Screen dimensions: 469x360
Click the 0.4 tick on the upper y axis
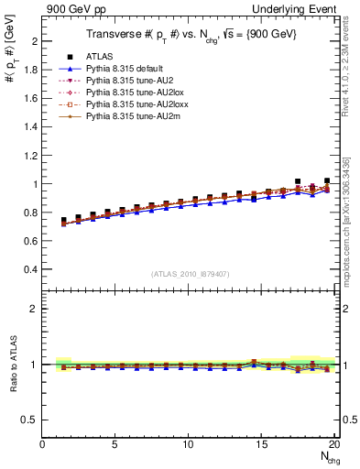pos(30,269)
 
